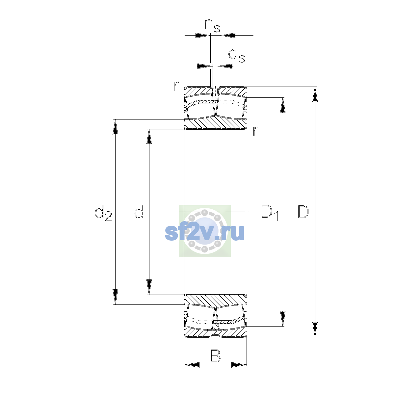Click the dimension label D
click(x=303, y=212)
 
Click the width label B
click(x=215, y=356)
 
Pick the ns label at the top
click(x=212, y=26)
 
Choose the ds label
click(x=237, y=54)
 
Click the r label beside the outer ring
click(x=176, y=86)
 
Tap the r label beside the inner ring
click(x=255, y=131)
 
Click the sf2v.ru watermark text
click(x=204, y=232)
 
